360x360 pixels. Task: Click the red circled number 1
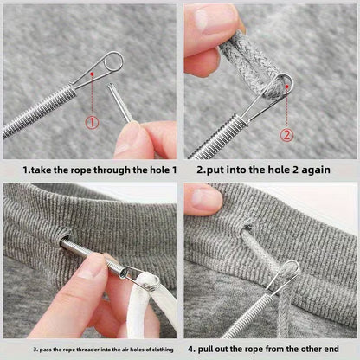[93, 122]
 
